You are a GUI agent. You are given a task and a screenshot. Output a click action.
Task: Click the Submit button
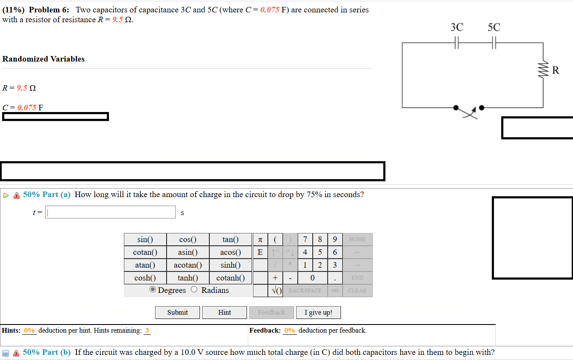pyautogui.click(x=177, y=313)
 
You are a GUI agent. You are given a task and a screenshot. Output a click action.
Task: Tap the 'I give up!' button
pyautogui.click(x=318, y=313)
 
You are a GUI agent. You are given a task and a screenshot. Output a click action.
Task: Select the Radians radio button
pyautogui.click(x=194, y=290)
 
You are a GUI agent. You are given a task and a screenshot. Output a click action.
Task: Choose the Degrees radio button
pyautogui.click(x=153, y=290)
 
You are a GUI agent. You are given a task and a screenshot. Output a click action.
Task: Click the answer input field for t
pyautogui.click(x=111, y=212)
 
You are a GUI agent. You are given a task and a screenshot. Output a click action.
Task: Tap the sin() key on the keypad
pyautogui.click(x=145, y=239)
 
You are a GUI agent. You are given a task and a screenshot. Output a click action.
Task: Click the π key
pyautogui.click(x=260, y=239)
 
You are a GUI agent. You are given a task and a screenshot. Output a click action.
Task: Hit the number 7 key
pyautogui.click(x=305, y=239)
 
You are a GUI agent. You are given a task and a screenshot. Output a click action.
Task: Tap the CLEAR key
pyautogui.click(x=357, y=291)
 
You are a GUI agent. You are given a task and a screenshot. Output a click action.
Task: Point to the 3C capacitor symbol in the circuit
pyautogui.click(x=457, y=43)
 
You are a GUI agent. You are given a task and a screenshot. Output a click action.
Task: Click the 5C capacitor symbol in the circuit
pyautogui.click(x=494, y=43)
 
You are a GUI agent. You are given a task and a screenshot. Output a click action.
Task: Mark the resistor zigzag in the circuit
pyautogui.click(x=543, y=69)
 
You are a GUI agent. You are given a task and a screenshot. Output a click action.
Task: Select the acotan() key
pyautogui.click(x=188, y=265)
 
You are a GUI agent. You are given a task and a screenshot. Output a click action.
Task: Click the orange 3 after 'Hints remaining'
pyautogui.click(x=147, y=330)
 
